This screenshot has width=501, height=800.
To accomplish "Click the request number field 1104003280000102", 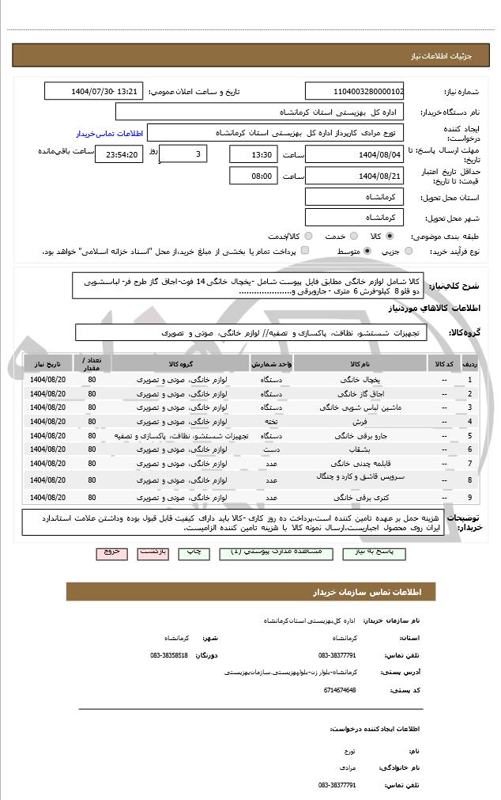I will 353,92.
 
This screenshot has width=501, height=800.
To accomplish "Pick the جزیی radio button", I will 408,251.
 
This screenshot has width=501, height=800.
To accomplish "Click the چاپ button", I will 198,553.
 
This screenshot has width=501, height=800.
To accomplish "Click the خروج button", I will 111,553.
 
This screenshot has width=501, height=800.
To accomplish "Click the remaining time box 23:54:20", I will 119,154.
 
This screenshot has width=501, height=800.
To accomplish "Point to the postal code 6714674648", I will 338,689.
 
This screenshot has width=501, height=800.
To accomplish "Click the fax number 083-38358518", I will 169,655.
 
